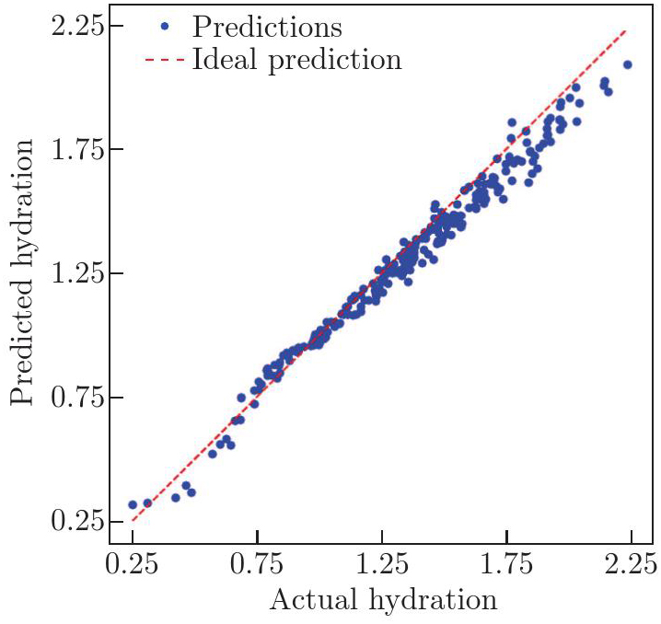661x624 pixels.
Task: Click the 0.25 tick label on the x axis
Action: tap(133, 561)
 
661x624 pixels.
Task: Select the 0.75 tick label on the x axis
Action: tap(258, 561)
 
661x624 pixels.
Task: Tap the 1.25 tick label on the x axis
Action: tap(382, 561)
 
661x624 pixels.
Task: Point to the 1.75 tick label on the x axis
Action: tap(507, 561)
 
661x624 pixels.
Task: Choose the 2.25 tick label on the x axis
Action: tap(632, 561)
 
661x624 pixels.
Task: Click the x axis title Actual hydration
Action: tap(383, 600)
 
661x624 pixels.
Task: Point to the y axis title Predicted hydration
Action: tap(25, 273)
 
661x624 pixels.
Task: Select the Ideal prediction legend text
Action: tap(296, 61)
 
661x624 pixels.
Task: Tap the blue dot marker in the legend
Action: tap(164, 28)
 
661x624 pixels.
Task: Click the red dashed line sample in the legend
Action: tap(164, 62)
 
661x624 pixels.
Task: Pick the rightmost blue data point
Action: tap(628, 64)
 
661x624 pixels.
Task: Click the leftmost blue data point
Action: tap(133, 504)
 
